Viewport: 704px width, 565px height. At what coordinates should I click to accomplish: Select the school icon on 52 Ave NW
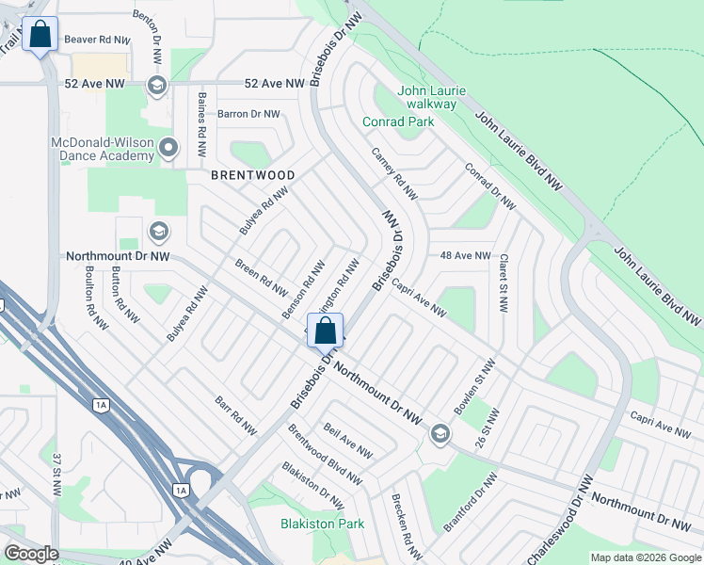[156, 86]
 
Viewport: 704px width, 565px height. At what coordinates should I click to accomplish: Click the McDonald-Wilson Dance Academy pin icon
[168, 147]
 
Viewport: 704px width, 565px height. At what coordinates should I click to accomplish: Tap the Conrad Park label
[398, 121]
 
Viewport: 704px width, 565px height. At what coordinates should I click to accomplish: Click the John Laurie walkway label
[432, 98]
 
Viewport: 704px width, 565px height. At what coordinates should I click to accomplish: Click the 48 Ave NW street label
[465, 255]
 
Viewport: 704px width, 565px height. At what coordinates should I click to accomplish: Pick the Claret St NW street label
[504, 282]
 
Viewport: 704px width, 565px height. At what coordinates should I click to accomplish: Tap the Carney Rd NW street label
[393, 173]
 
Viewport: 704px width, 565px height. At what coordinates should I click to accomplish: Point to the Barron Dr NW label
[248, 114]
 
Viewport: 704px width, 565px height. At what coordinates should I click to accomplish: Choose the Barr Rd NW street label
[235, 415]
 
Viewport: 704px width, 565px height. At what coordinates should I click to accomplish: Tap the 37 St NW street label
[57, 470]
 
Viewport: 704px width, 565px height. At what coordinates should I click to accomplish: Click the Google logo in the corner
[31, 554]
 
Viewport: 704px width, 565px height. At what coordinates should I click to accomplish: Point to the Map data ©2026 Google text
[645, 557]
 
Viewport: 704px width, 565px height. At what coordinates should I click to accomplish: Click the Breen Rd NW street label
[261, 276]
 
